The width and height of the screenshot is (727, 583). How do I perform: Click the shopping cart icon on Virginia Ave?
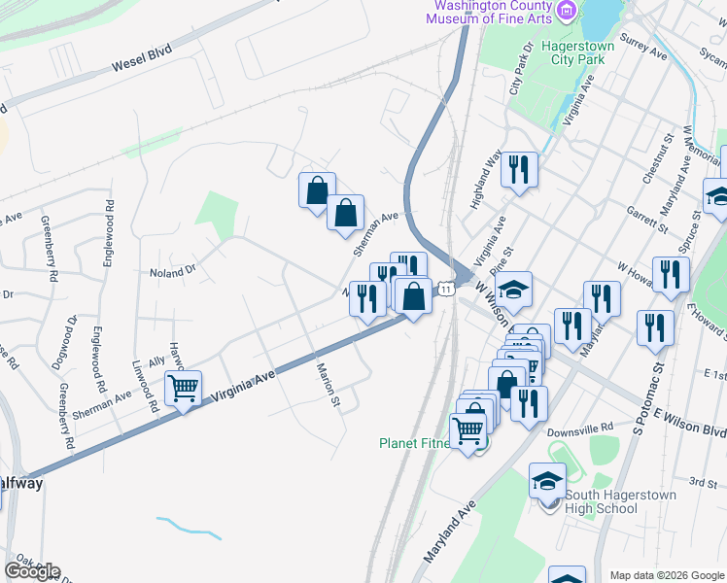[x=182, y=390]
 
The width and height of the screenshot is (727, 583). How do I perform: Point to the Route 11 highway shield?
[x=446, y=290]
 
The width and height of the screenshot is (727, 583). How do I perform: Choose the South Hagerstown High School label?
[x=586, y=501]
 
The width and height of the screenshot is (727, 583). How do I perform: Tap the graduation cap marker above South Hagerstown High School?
[x=547, y=480]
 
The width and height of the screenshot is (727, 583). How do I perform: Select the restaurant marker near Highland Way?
[x=519, y=170]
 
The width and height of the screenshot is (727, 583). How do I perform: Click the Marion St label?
[x=329, y=385]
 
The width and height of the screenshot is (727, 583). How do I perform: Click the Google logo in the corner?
[x=32, y=571]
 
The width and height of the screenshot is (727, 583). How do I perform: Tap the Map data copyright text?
[x=667, y=575]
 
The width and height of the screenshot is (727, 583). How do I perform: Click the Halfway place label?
[x=20, y=484]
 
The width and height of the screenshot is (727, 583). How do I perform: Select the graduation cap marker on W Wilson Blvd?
[x=513, y=289]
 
